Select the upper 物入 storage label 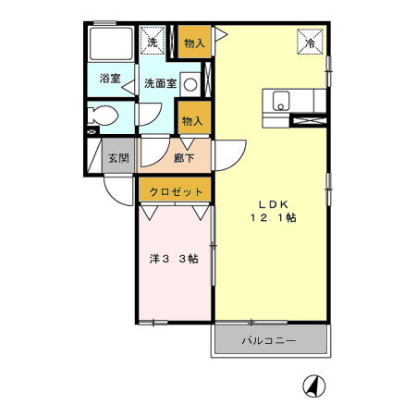pos(193,43)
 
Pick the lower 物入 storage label pos(193,121)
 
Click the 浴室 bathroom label pos(110,80)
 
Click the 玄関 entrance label pos(117,157)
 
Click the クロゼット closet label pos(177,191)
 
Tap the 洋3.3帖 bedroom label pos(173,259)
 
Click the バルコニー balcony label pos(268,341)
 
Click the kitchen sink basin pos(281,100)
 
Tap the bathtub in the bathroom pos(110,44)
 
